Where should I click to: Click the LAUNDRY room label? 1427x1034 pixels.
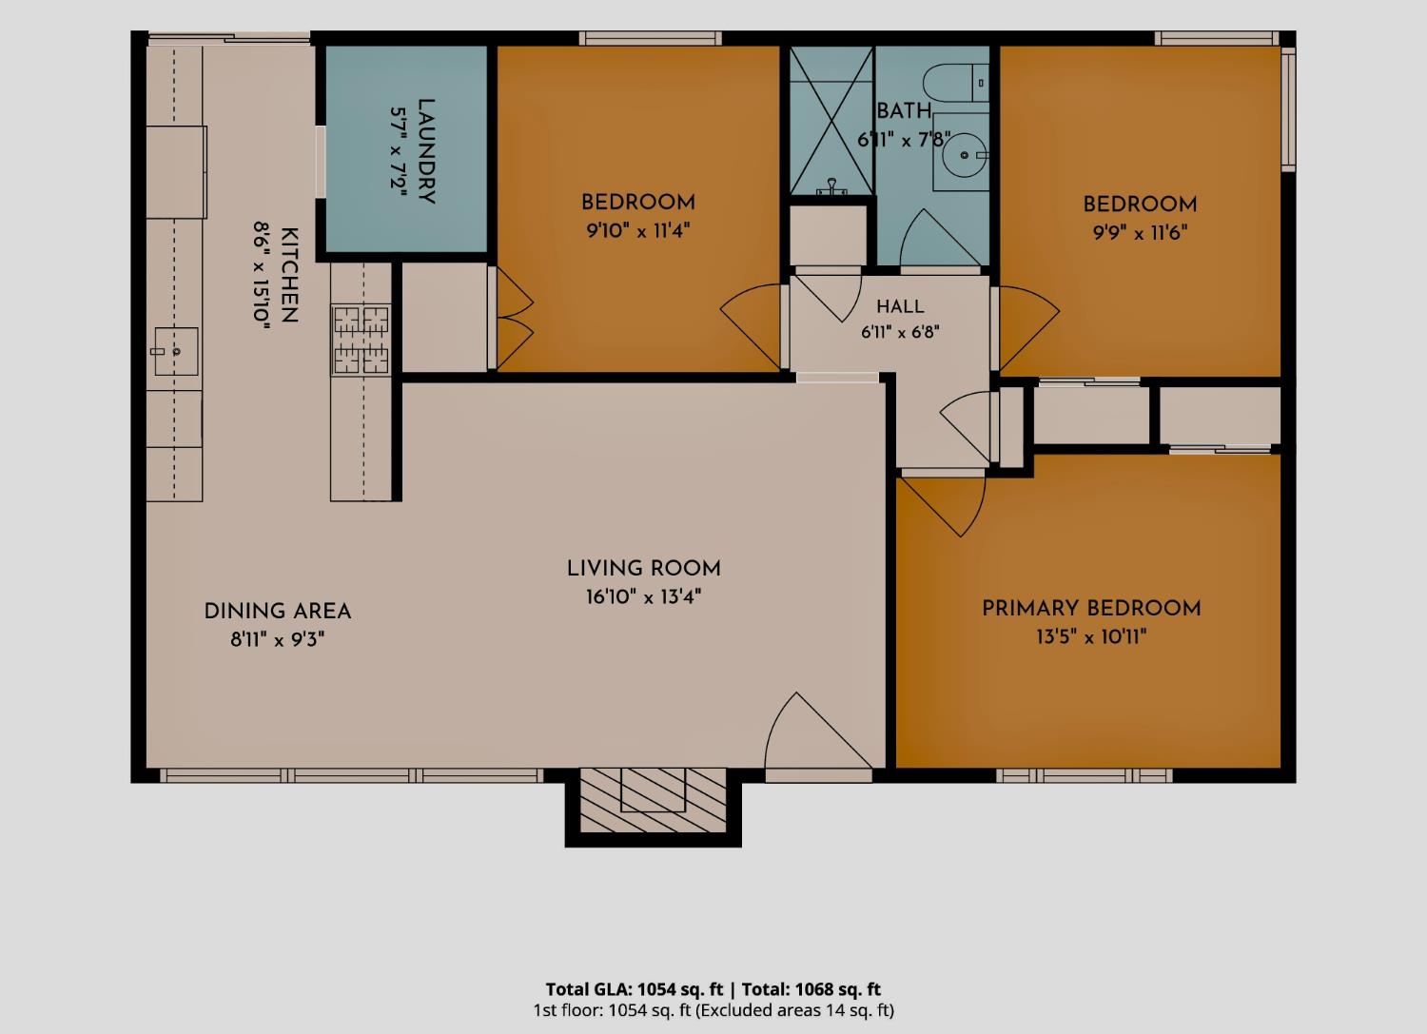pyautogui.click(x=426, y=151)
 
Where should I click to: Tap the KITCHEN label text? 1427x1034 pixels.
pyautogui.click(x=289, y=275)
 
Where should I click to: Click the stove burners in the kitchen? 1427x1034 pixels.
pyautogui.click(x=361, y=340)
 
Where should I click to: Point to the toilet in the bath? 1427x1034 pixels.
pyautogui.click(x=955, y=82)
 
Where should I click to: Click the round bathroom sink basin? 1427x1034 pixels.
pyautogui.click(x=965, y=155)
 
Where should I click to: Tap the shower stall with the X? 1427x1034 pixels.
pyautogui.click(x=831, y=121)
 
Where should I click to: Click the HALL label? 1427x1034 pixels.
pyautogui.click(x=900, y=306)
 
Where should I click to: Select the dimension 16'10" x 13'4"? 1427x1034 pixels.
pyautogui.click(x=643, y=597)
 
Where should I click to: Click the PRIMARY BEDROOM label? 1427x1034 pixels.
pyautogui.click(x=1091, y=609)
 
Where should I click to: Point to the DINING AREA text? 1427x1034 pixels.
pyautogui.click(x=277, y=611)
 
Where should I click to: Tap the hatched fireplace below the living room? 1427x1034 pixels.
pyautogui.click(x=653, y=800)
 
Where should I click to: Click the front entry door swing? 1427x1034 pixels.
pyautogui.click(x=817, y=732)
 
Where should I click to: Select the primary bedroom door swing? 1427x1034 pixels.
pyautogui.click(x=943, y=505)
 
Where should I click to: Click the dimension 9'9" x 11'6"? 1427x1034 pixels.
pyautogui.click(x=1140, y=232)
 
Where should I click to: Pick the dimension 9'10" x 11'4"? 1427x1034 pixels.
pyautogui.click(x=637, y=230)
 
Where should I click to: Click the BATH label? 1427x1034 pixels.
pyautogui.click(x=904, y=111)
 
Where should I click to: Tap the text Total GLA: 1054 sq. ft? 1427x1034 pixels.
pyautogui.click(x=634, y=988)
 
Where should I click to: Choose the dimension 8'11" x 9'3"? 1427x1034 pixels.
pyautogui.click(x=277, y=639)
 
